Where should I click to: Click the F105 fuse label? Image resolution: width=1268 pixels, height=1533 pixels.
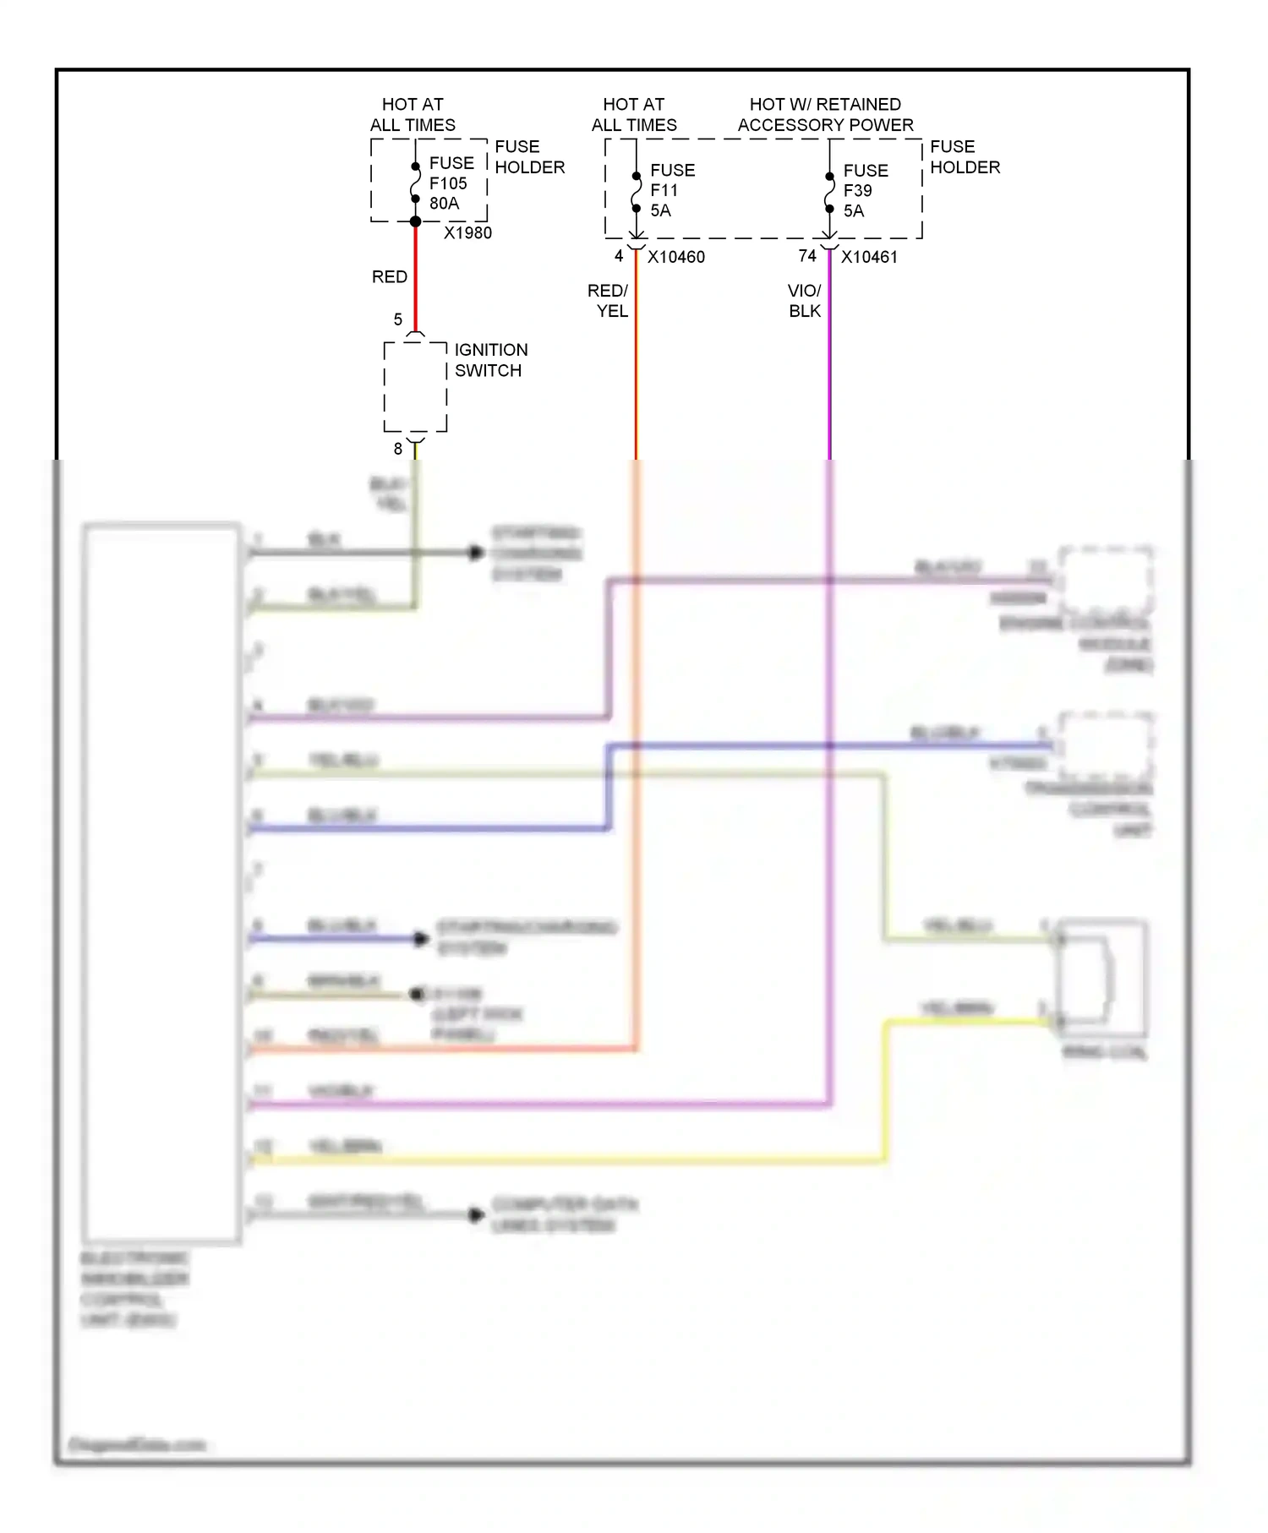tap(448, 183)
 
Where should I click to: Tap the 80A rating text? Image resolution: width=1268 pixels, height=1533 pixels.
tap(445, 204)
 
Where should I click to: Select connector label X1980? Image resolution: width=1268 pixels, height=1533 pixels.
tap(467, 233)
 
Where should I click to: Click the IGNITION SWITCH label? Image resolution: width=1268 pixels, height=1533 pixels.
tap(490, 360)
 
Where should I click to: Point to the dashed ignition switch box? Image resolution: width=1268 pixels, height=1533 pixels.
tap(415, 387)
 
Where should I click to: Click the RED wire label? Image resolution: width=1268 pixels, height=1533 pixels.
tap(390, 277)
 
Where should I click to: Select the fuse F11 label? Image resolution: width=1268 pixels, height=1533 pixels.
tap(664, 191)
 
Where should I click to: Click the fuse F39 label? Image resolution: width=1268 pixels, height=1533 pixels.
tap(857, 191)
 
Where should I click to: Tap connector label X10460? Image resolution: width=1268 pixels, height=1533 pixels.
tap(676, 257)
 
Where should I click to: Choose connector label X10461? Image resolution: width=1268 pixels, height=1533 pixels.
tap(869, 257)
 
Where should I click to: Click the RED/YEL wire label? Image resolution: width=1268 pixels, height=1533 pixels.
tap(609, 301)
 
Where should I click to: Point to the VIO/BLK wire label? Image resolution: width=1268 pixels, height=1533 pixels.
tap(804, 301)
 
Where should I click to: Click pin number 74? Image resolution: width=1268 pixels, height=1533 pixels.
tap(807, 256)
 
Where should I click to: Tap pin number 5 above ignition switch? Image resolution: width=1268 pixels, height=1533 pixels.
tap(398, 319)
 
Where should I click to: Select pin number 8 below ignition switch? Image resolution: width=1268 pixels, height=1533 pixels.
tap(398, 449)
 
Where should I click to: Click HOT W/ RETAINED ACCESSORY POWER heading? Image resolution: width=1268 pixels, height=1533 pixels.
tap(826, 115)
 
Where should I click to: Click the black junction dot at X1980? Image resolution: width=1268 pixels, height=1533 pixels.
tap(415, 221)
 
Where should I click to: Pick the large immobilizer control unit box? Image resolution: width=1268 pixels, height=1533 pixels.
tap(161, 883)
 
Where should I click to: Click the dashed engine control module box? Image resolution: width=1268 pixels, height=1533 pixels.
tap(1106, 581)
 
